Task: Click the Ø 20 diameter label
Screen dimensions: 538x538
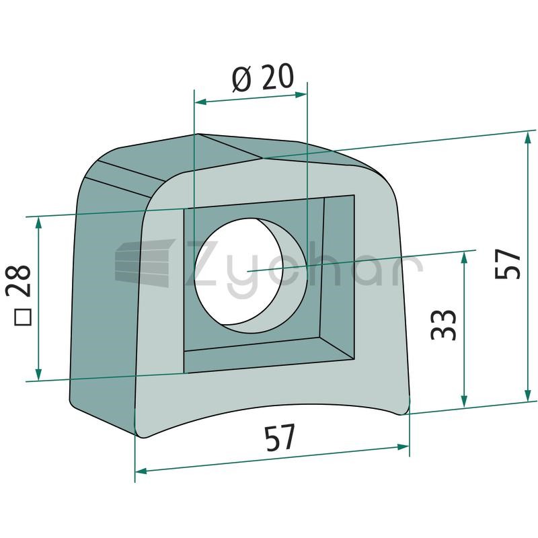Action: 263,77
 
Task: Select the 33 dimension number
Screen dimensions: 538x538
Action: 443,325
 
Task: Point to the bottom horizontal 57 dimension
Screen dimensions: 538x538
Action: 280,438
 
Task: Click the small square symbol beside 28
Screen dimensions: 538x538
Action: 23,317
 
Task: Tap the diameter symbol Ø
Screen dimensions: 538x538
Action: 243,79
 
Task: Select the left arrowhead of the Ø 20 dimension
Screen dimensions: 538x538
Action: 200,102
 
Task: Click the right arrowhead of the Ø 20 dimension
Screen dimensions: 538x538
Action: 301,94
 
